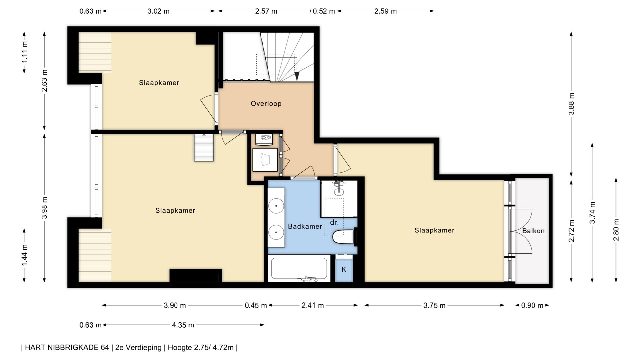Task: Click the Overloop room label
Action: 266,104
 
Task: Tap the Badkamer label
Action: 305,227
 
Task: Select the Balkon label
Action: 533,231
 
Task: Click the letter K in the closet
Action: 344,269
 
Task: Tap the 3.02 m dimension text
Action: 159,11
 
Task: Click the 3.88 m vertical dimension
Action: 571,104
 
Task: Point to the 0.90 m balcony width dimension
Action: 532,305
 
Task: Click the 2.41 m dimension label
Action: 313,305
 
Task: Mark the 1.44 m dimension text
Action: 24,255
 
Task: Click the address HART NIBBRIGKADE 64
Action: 67,348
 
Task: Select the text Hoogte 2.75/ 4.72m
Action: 201,348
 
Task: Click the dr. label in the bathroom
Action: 334,223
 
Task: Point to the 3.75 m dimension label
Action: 434,305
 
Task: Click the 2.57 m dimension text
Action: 266,11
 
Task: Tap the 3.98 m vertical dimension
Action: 44,208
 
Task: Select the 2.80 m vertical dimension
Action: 616,230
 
